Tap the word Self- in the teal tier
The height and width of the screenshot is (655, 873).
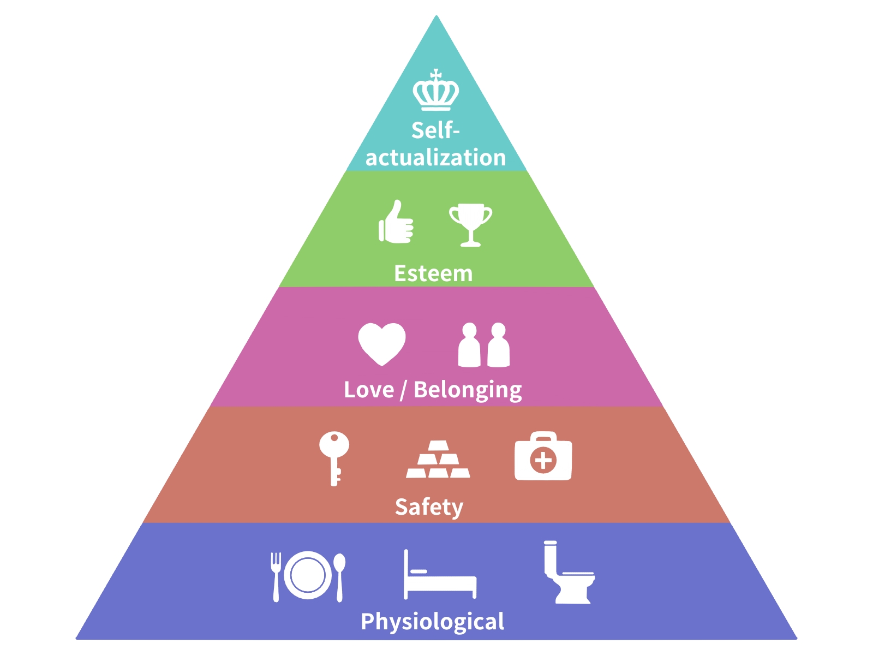coord(435,131)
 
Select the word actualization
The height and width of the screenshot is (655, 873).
coord(435,158)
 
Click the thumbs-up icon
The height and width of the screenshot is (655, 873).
coord(396,223)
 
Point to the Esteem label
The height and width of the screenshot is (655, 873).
coord(433,273)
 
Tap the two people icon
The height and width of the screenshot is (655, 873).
coord(484,345)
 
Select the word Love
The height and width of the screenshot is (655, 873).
coord(369,390)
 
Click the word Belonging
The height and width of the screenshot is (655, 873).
coord(468,390)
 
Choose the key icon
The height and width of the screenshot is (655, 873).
coord(334,456)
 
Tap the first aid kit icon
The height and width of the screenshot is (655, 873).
coord(543,457)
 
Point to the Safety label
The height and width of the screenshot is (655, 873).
coord(429,507)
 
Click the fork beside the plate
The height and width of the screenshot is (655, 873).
coord(276,576)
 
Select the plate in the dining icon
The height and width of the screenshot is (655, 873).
coord(308,575)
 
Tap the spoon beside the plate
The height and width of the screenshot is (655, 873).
coord(339,576)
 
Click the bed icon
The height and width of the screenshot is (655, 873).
coord(440,577)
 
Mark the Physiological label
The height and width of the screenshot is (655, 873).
coord(433,622)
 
